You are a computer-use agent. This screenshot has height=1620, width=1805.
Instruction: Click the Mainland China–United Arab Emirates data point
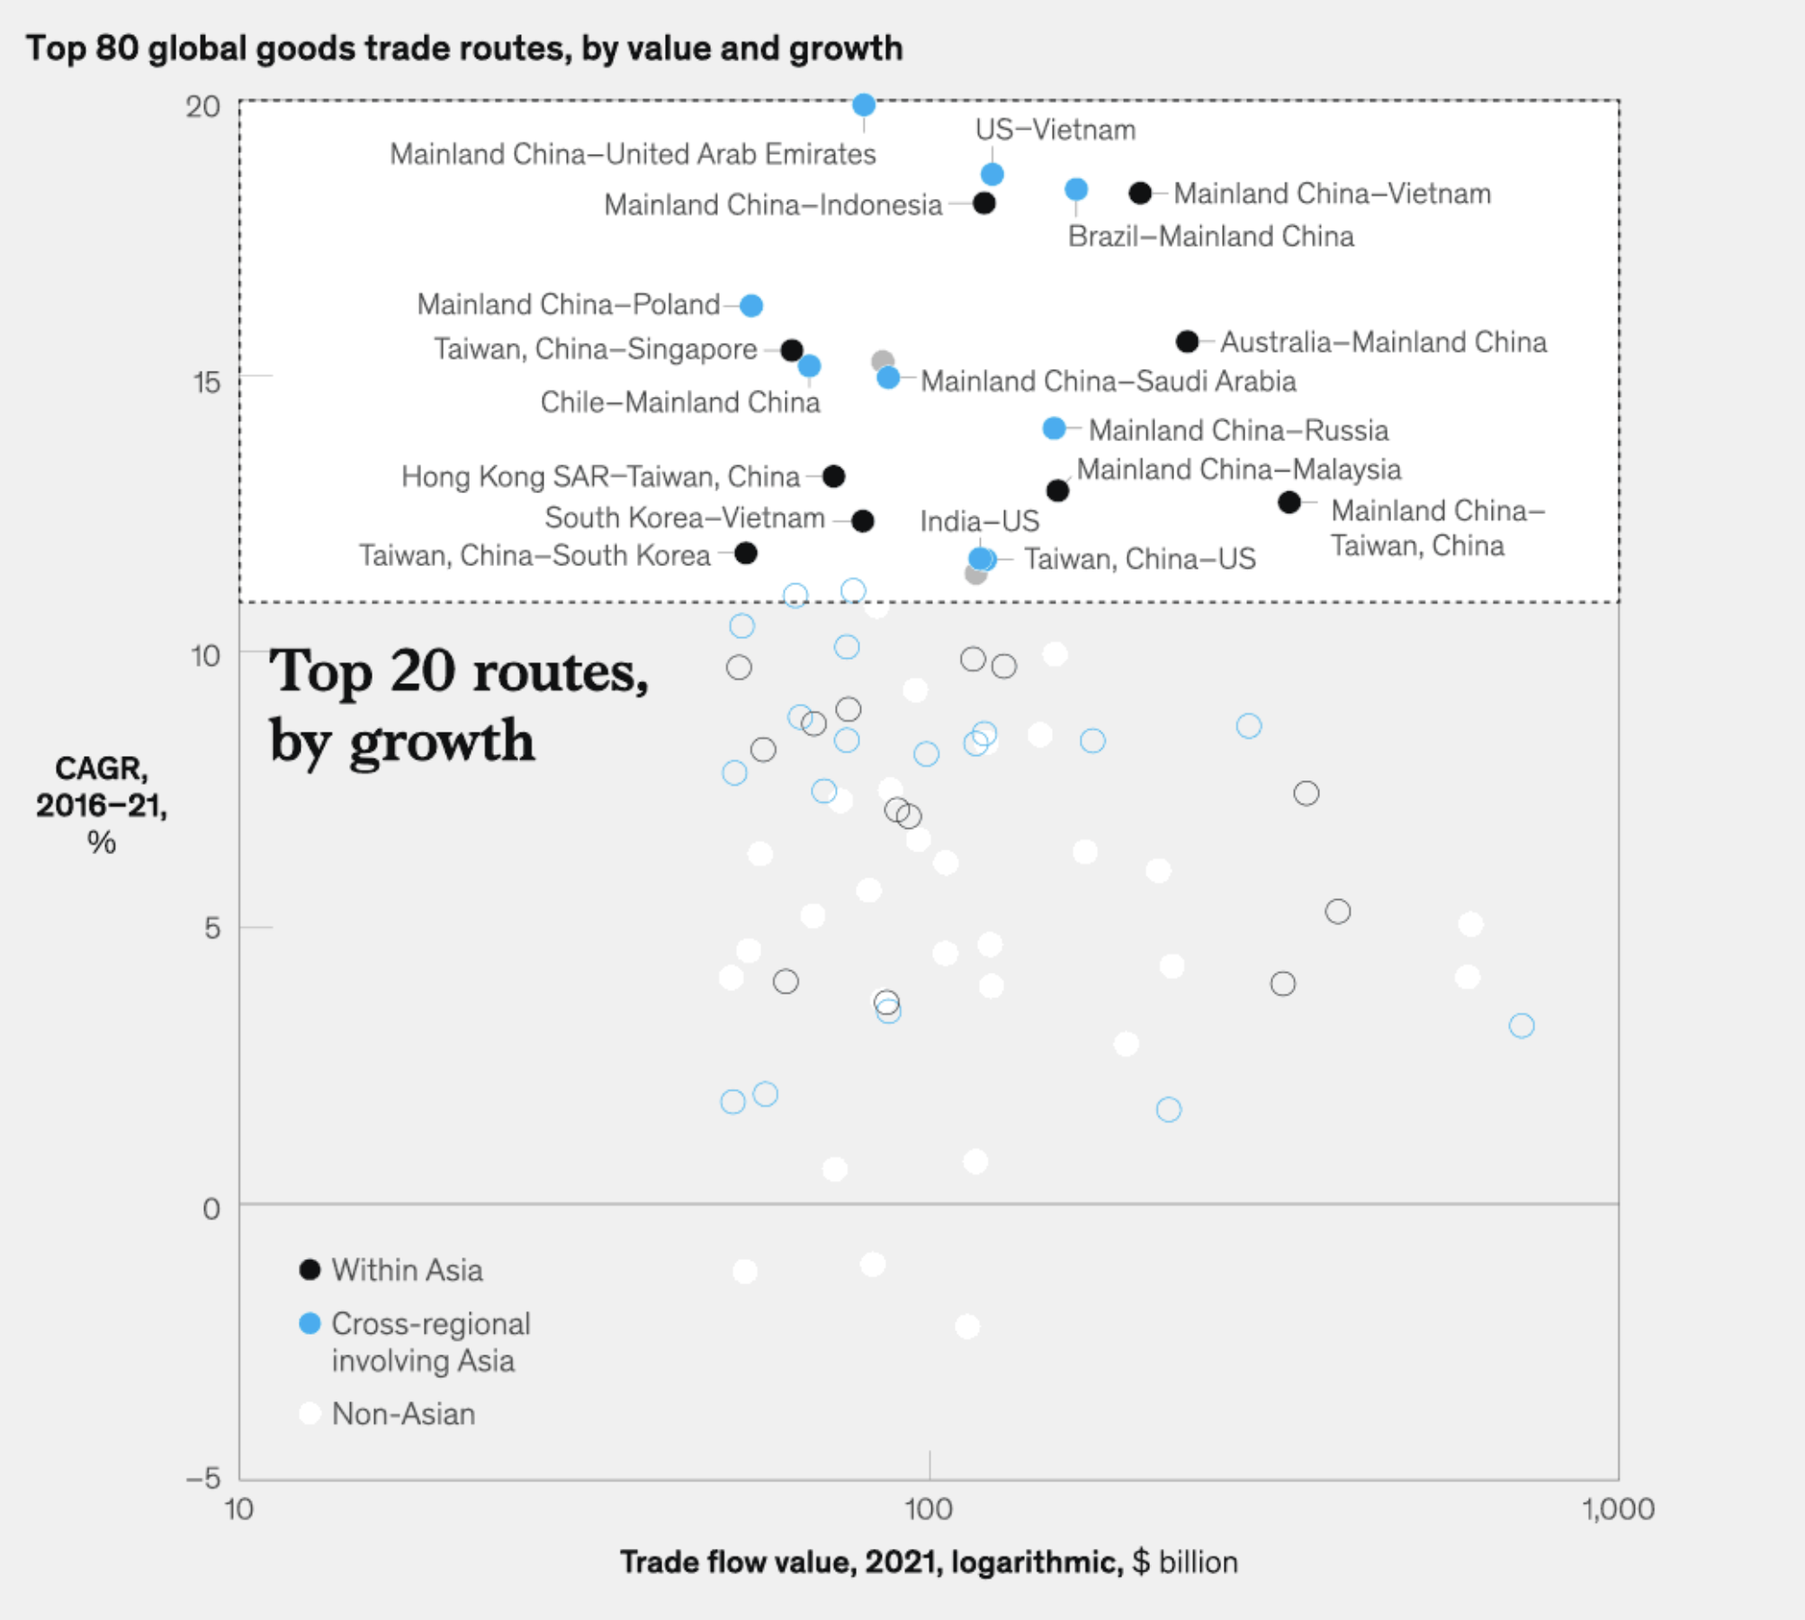click(x=864, y=105)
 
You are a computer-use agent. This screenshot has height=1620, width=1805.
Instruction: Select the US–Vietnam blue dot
click(x=992, y=174)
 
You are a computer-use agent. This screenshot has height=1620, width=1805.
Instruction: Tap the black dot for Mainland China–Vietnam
click(x=1140, y=193)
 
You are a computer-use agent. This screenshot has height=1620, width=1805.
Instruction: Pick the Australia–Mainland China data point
click(x=1188, y=341)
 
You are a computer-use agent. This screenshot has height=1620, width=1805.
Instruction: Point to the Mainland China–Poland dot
click(x=751, y=306)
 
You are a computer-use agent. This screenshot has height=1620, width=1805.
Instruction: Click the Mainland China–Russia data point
click(x=1054, y=428)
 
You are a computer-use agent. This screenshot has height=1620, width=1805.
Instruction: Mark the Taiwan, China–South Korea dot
click(x=746, y=553)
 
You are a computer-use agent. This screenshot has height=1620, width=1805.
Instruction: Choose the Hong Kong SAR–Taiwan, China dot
click(x=834, y=476)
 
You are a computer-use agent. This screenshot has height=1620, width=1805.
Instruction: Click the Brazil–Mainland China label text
click(x=1210, y=237)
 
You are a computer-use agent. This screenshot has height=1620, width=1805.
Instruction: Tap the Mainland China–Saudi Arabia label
click(x=1108, y=382)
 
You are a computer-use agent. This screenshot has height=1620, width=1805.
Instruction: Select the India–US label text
click(x=979, y=521)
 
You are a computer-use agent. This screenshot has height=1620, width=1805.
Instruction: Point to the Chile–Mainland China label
click(x=680, y=402)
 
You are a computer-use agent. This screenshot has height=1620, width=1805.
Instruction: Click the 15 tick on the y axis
click(x=206, y=382)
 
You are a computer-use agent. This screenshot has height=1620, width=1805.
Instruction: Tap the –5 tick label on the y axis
click(x=203, y=1478)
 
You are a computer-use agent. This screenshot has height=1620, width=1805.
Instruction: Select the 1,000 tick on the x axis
click(x=1618, y=1509)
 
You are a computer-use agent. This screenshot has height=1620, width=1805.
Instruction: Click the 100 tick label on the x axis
click(x=929, y=1509)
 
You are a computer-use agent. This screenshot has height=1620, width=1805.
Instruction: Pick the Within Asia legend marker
click(x=310, y=1270)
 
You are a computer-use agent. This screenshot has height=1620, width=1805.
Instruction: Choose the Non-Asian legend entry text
click(x=403, y=1414)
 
